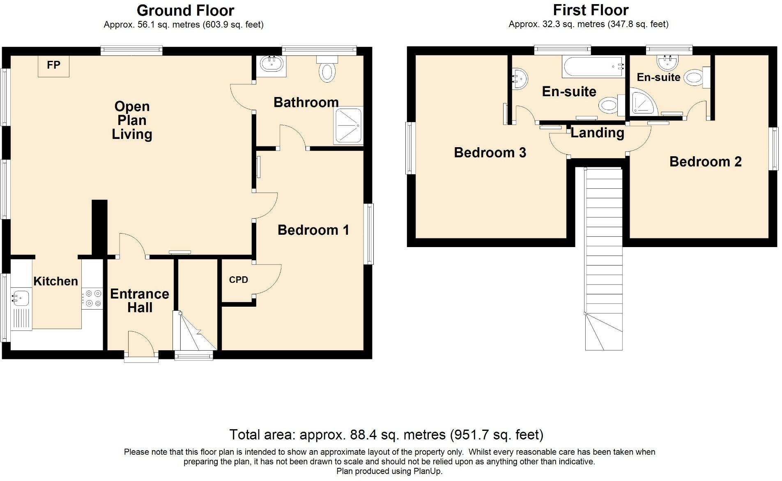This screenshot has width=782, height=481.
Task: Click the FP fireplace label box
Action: tap(54, 66)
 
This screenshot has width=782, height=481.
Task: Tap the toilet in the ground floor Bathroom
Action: tap(327, 69)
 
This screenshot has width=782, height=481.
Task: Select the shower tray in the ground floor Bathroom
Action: tap(349, 126)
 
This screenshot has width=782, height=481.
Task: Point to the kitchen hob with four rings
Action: tap(92, 298)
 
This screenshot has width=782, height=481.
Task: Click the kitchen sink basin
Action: tap(20, 298)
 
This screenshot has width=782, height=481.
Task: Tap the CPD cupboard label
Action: tap(239, 280)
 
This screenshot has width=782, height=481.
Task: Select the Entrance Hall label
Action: tap(140, 301)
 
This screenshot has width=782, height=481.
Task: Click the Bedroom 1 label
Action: tap(313, 230)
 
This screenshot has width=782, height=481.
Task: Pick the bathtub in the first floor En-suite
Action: tap(593, 67)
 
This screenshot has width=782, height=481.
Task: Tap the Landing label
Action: tap(597, 133)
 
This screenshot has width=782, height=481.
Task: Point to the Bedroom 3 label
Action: tap(490, 153)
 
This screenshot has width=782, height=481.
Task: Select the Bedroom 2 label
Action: tap(706, 162)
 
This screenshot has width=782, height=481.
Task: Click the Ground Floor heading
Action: tap(185, 10)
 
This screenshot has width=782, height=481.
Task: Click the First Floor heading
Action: tap(591, 10)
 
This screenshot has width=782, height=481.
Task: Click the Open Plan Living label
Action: tap(132, 120)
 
